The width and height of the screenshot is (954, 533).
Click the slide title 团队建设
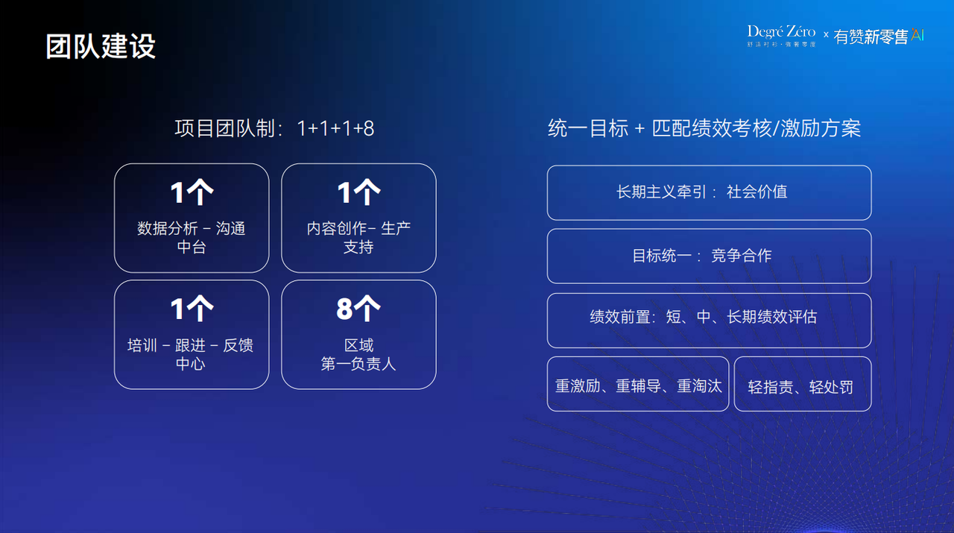click(101, 46)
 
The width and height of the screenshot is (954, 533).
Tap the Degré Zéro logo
click(781, 36)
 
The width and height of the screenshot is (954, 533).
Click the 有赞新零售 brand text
click(871, 37)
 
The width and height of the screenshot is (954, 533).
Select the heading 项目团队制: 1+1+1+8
click(274, 128)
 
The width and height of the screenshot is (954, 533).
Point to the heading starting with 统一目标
click(704, 128)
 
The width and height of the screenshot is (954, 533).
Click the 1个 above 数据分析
click(192, 192)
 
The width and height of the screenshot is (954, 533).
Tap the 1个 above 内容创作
click(358, 192)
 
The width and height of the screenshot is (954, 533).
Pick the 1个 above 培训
click(192, 309)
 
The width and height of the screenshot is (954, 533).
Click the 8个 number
click(358, 309)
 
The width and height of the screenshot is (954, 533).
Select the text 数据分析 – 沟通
click(192, 228)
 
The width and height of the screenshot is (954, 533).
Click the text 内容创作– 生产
click(358, 228)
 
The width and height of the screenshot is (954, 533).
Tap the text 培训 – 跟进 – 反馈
click(190, 345)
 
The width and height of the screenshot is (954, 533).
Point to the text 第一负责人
click(358, 364)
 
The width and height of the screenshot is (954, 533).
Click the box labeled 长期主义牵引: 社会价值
click(709, 192)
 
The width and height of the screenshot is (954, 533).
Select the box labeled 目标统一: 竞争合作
click(709, 256)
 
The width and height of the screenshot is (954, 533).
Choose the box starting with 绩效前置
click(709, 321)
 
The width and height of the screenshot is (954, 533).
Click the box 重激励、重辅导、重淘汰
click(638, 384)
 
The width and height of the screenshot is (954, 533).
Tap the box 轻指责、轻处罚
click(803, 384)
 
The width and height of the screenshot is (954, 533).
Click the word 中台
click(192, 247)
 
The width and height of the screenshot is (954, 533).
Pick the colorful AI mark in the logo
click(917, 35)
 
